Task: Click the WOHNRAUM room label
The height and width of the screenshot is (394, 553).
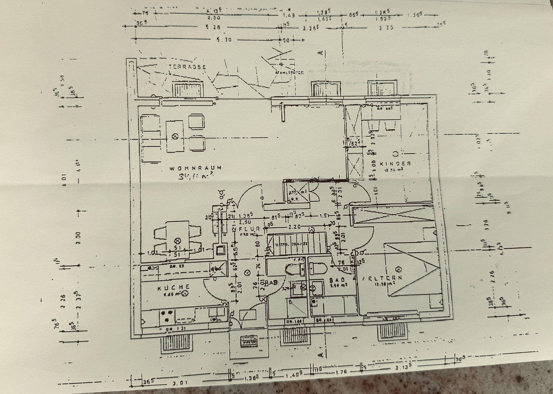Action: click(x=195, y=168)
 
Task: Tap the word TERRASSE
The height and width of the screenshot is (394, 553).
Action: click(x=188, y=67)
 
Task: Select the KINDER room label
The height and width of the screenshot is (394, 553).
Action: click(x=395, y=164)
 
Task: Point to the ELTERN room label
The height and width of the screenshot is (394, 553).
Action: click(x=384, y=278)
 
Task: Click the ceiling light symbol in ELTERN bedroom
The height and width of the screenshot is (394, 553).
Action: click(x=399, y=270)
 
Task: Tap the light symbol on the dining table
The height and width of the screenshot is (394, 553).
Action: click(x=178, y=241)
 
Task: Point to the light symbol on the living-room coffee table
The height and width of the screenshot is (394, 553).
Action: click(x=175, y=136)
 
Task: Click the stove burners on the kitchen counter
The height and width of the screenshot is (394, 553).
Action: click(x=168, y=316)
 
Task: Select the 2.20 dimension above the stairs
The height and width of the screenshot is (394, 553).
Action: click(x=293, y=227)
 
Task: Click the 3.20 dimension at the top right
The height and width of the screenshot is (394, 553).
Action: click(x=386, y=27)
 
